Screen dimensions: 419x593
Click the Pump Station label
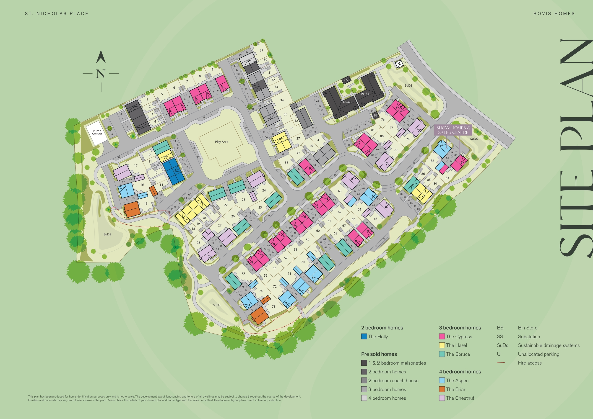click(x=97, y=132)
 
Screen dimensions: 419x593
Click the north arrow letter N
click(x=101, y=74)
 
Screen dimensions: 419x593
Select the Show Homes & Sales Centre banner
click(x=453, y=130)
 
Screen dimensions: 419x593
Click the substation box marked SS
click(x=399, y=64)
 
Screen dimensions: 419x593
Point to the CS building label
click(x=346, y=80)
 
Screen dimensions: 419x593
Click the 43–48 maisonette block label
click(x=347, y=102)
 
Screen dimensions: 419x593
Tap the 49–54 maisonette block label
click(x=365, y=94)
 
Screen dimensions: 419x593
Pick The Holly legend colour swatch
click(x=364, y=337)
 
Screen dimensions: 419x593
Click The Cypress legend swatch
click(x=442, y=337)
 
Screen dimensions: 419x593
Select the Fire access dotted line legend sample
click(x=501, y=363)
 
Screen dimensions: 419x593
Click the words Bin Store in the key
click(x=527, y=328)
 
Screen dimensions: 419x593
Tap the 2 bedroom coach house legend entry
click(x=393, y=380)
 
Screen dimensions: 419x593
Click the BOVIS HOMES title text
click(x=554, y=13)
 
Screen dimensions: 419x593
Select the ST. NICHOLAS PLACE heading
click(x=57, y=13)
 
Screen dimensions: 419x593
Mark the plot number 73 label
click(x=273, y=306)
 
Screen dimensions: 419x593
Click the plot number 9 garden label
click(x=212, y=69)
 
